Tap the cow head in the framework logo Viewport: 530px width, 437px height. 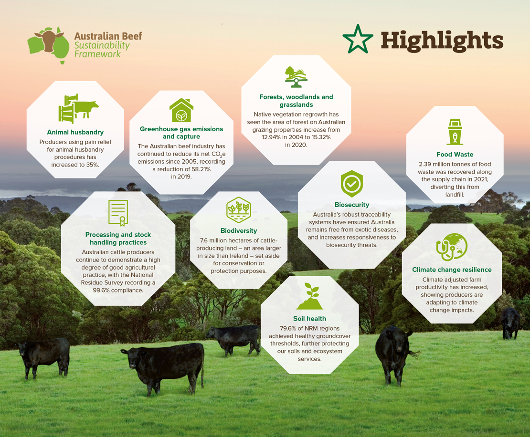(50, 40)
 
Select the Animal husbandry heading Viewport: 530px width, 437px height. (75, 132)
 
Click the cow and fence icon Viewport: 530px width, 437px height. (78, 108)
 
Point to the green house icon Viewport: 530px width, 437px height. (181, 110)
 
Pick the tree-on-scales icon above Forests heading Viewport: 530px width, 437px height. (296, 77)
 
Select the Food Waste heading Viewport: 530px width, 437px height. (455, 155)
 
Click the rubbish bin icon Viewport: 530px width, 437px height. (455, 132)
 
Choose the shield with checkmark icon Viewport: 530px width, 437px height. (352, 184)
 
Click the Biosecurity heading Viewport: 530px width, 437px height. (352, 205)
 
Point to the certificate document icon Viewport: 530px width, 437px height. (118, 213)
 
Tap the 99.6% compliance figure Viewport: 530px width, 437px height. (100, 290)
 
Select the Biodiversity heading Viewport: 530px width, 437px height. (239, 230)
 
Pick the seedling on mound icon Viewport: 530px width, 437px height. (310, 296)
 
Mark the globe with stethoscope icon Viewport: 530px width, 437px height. (452, 247)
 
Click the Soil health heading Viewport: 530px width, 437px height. (309, 319)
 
